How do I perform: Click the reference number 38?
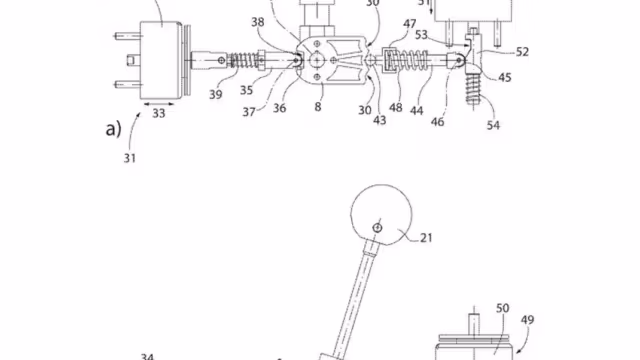click(x=258, y=22)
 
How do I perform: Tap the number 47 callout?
click(x=409, y=24)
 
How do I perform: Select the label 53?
click(x=421, y=35)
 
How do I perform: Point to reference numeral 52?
click(x=522, y=52)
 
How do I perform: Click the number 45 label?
click(x=504, y=77)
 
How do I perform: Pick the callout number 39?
click(x=216, y=94)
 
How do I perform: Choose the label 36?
click(x=280, y=108)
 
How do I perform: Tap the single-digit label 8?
click(x=318, y=107)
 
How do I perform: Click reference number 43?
click(x=380, y=120)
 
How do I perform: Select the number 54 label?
click(x=493, y=125)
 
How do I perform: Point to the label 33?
click(x=159, y=113)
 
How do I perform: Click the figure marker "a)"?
click(x=113, y=129)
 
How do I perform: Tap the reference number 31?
click(x=130, y=158)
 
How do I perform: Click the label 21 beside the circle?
click(x=426, y=238)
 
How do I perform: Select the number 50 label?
click(x=502, y=308)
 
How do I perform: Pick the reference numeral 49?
click(x=527, y=320)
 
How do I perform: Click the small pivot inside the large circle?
click(x=378, y=228)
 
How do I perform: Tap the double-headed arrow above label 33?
click(x=159, y=104)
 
